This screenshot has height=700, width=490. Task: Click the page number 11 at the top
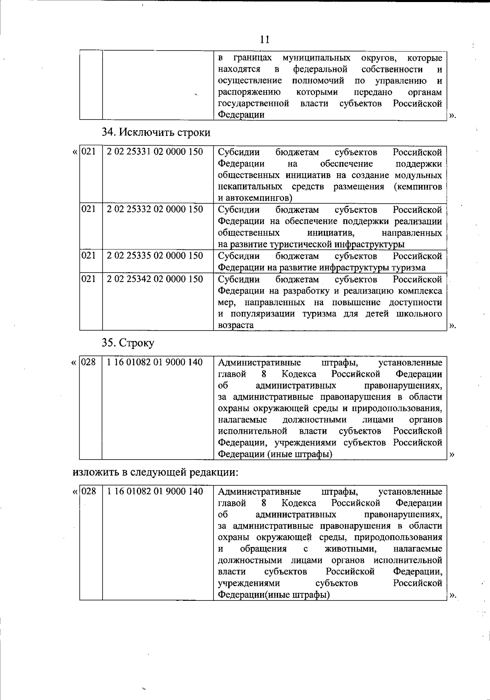265,39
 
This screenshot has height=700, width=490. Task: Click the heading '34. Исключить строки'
156,133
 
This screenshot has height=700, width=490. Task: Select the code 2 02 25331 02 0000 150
155,152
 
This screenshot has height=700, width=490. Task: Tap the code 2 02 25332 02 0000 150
155,209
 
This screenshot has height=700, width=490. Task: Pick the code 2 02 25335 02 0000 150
155,256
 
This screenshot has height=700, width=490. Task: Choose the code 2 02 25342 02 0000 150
155,279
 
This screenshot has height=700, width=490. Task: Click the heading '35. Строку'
128,342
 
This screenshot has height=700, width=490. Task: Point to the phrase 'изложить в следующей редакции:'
155,473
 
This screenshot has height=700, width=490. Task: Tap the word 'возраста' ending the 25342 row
236,326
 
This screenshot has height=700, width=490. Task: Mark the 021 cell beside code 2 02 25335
89,256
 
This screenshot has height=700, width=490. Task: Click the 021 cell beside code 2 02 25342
89,279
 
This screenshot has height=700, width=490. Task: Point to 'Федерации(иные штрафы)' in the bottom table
274,595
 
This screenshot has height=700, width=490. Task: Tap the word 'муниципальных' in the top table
316,58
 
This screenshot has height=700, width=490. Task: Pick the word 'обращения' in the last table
263,549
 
